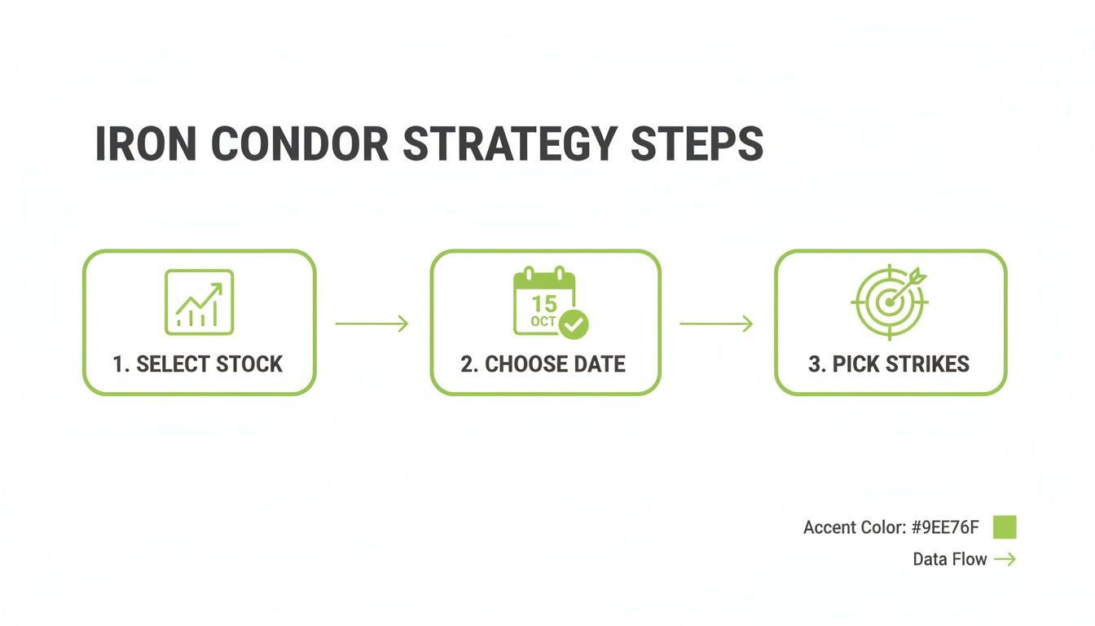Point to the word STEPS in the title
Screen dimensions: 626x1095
coord(701,144)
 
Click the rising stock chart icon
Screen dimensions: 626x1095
coord(199,302)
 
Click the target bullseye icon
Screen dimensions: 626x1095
coord(889,301)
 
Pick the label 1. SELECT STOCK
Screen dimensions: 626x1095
coord(198,364)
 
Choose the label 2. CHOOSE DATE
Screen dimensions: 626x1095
coord(543,364)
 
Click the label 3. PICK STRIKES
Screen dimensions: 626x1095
coord(889,364)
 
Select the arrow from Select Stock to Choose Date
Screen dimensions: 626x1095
coord(372,324)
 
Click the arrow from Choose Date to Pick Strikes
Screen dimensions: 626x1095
coord(716,324)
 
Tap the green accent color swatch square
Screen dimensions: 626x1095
coord(1005,527)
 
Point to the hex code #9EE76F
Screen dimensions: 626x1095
coord(945,528)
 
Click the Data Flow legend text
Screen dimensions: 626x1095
coord(949,559)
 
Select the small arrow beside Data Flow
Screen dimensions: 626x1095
coord(1005,559)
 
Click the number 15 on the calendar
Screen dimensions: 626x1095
coord(543,304)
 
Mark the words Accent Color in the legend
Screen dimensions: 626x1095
coord(853,528)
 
